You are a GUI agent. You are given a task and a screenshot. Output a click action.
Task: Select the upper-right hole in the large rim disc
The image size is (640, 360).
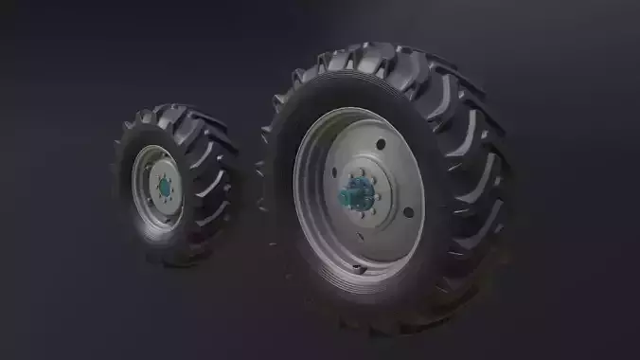(x=381, y=145)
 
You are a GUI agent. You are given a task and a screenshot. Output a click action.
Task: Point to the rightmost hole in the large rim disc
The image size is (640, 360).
(x=409, y=212)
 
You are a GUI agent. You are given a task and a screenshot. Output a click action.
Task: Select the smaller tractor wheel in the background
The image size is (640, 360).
(x=175, y=185)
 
